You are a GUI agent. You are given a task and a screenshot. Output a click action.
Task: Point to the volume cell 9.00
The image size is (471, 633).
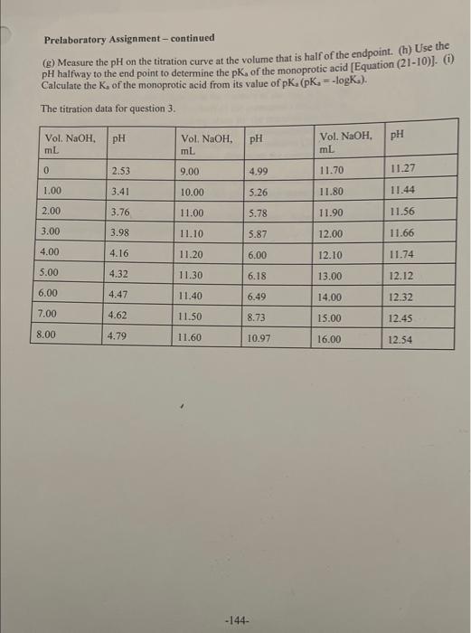pos(190,170)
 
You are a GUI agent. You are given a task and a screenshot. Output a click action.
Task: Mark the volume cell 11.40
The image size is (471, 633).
pos(190,297)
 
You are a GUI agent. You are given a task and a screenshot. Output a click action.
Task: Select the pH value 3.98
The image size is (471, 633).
pos(118,232)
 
